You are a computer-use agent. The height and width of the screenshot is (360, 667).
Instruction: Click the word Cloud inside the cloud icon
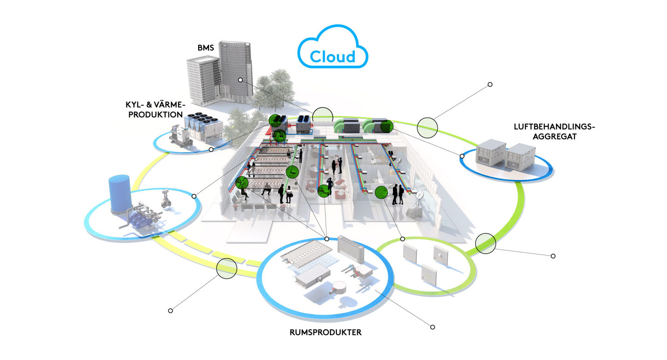(x=333, y=56)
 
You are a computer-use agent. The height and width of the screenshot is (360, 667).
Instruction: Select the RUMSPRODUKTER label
(x=325, y=332)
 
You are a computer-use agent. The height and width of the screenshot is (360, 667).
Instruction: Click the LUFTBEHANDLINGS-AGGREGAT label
(x=554, y=131)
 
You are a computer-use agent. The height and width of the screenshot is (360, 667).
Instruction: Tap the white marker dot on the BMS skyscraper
(x=240, y=80)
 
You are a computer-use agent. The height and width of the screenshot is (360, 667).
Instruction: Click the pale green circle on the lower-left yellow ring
(x=227, y=269)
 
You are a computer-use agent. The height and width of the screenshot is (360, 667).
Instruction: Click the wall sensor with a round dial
(x=440, y=255)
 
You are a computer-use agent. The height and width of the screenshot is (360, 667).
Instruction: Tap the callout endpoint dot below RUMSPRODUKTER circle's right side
(x=432, y=327)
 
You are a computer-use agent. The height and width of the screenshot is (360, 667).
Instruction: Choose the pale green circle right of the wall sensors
(x=486, y=243)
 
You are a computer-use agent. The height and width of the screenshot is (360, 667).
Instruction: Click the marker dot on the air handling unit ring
(x=462, y=156)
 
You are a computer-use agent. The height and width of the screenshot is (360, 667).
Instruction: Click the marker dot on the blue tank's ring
(x=194, y=196)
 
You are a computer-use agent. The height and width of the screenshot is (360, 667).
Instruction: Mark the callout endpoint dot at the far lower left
(x=170, y=311)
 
